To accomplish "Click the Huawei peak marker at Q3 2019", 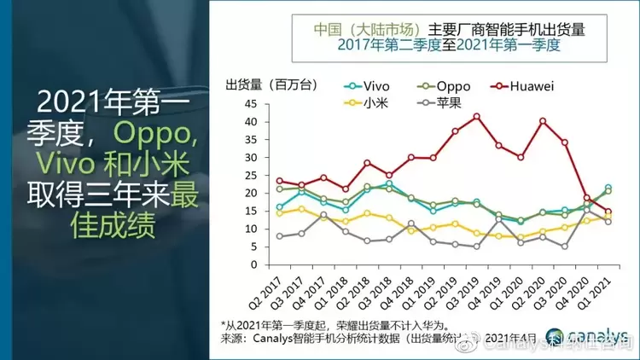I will point(476,117).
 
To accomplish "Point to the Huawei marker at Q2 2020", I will point(543,121).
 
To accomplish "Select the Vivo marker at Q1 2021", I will point(608,188).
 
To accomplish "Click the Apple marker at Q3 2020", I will point(565,247).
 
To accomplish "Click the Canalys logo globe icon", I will point(550,336).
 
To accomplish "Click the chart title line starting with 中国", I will point(441,26).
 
